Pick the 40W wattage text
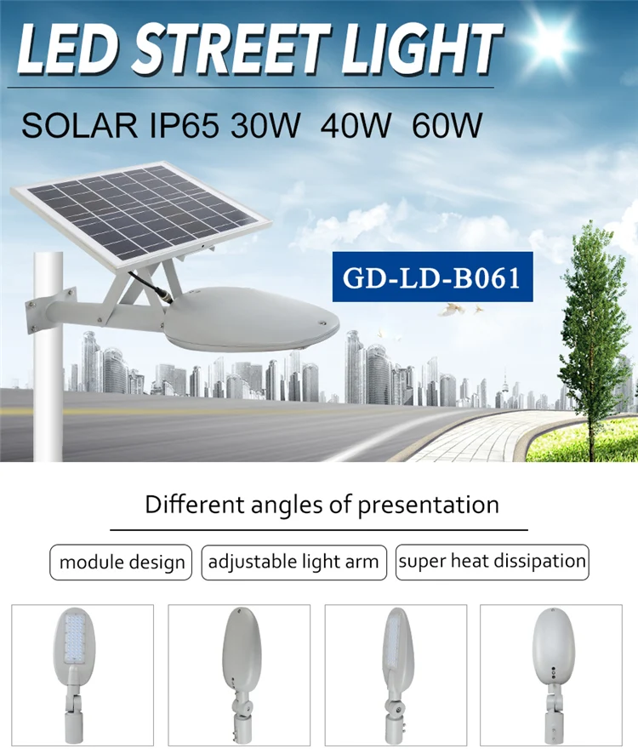pos(356,126)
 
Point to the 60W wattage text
pos(447,126)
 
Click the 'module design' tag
pos(122,563)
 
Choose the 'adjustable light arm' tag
pos(293,563)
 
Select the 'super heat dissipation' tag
pos(492,562)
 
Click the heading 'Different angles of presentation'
pos(322,505)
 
